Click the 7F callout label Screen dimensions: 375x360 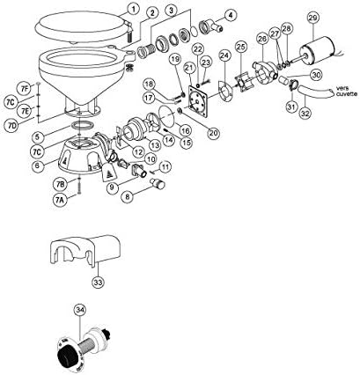(26, 87)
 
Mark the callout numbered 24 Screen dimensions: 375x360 (225, 55)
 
